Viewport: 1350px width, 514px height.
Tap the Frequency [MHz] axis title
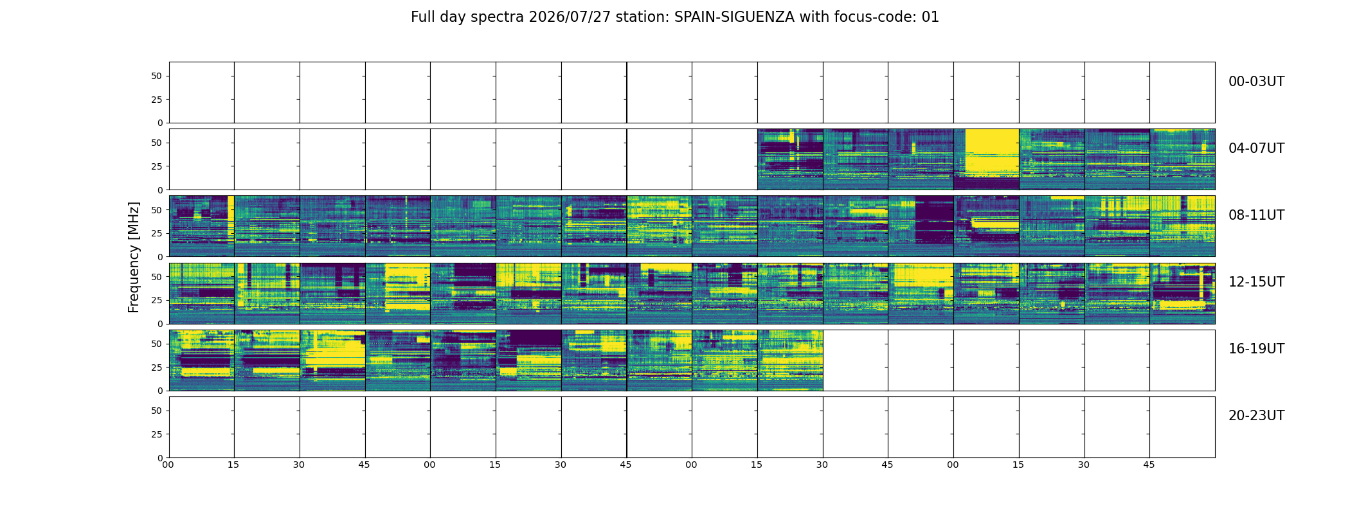134,257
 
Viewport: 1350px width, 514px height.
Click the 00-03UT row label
1256,82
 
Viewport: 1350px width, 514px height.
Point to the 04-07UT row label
1256,148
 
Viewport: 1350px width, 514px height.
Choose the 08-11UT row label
1256,215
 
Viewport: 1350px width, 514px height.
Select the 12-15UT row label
1256,282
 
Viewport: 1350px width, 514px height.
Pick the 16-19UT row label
1256,349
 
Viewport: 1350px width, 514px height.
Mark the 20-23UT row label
1256,416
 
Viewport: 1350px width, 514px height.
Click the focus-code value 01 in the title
930,17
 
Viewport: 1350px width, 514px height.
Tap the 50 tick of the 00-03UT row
157,76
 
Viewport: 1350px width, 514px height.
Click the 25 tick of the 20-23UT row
157,434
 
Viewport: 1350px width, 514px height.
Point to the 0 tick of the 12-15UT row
160,324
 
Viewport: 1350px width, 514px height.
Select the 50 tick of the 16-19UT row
157,344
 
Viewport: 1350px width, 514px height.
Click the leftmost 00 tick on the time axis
168,465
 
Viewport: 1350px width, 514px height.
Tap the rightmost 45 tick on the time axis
1149,465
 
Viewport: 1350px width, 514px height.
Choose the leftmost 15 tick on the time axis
233,465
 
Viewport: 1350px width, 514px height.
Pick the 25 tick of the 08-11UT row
157,233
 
